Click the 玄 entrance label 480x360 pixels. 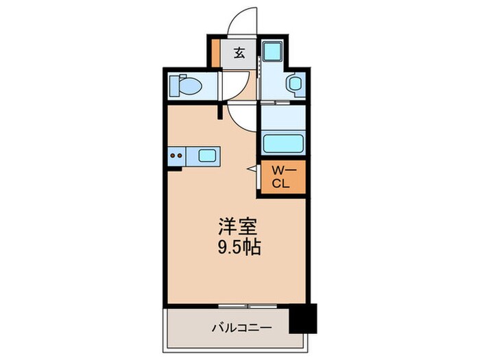[239, 53]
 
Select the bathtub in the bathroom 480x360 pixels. [283, 143]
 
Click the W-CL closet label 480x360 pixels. [281, 177]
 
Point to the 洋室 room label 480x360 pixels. [237, 226]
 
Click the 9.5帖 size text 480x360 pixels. [239, 248]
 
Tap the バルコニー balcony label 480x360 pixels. [242, 328]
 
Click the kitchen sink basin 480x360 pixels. [207, 156]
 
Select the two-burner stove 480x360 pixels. [177, 156]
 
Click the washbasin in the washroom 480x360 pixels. [295, 84]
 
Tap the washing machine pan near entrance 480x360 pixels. [273, 51]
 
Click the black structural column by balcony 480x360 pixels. [303, 318]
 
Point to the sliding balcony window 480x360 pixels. [248, 306]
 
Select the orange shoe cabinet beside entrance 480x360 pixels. [216, 53]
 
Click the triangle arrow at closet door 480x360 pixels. [254, 169]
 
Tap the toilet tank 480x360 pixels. [174, 86]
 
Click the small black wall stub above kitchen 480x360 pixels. [219, 112]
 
